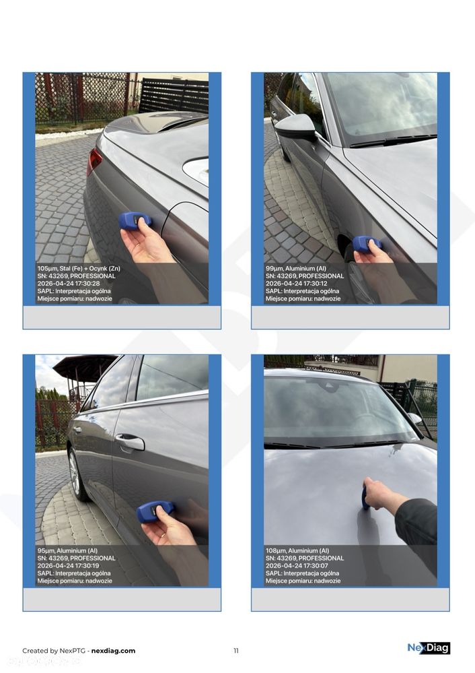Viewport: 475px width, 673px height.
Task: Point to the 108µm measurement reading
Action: (x=276, y=550)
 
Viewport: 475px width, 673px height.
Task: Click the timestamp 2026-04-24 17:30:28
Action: (x=68, y=284)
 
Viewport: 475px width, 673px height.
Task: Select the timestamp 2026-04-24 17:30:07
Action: (x=297, y=566)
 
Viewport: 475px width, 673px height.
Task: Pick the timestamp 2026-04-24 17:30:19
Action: (x=68, y=566)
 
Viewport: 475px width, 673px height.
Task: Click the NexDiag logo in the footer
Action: (x=428, y=648)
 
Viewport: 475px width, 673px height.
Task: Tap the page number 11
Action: (x=236, y=651)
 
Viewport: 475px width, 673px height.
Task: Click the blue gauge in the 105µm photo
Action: (x=135, y=220)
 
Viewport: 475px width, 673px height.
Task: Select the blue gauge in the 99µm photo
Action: (x=367, y=243)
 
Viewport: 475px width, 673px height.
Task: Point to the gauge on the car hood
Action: (x=365, y=498)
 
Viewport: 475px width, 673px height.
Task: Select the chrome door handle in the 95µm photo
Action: (x=129, y=442)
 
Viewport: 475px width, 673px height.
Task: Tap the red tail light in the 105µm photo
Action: (x=94, y=161)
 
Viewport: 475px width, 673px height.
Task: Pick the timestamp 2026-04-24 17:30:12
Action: (x=297, y=284)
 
